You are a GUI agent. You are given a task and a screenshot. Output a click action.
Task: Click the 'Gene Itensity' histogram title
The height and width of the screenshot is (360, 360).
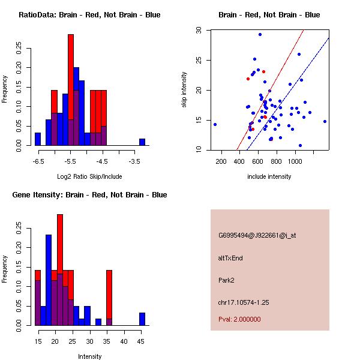(89, 195)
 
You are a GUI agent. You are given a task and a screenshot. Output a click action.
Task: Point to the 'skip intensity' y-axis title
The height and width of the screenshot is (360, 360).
(185, 90)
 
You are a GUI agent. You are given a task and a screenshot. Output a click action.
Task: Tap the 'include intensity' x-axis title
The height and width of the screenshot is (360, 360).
(269, 176)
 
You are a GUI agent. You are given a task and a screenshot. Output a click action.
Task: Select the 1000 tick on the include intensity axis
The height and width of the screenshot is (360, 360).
(295, 161)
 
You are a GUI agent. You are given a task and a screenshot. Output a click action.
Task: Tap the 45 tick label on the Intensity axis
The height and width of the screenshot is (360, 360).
(142, 341)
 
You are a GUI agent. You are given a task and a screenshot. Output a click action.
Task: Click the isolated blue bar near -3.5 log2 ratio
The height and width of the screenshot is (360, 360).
(142, 142)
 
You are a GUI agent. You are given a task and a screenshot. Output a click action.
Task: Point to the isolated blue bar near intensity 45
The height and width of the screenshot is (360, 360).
(142, 319)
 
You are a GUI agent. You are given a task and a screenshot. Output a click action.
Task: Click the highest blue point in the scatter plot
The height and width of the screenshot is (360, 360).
(260, 34)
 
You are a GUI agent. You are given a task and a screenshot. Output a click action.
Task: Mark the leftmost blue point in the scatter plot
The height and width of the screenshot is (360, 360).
(215, 124)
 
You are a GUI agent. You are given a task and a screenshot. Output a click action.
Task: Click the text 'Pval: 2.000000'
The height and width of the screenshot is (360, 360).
(240, 319)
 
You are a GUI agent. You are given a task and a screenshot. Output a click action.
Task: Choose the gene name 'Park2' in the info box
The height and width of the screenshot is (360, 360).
(226, 280)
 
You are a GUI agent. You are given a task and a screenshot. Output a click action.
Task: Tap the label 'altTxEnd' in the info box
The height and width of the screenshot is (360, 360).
(230, 257)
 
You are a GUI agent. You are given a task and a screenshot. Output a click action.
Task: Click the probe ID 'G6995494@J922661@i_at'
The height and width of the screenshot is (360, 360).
(257, 235)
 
